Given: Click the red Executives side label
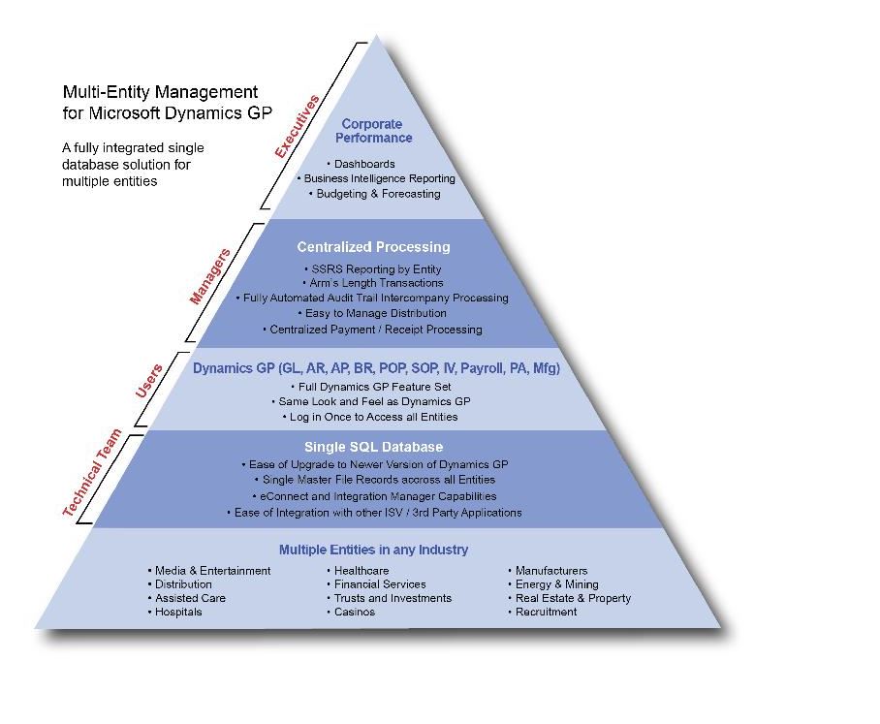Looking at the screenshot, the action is pyautogui.click(x=298, y=126).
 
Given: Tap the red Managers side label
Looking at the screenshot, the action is pyautogui.click(x=210, y=276).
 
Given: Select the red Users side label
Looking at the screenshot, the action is pyautogui.click(x=149, y=381).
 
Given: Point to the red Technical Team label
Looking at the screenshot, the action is pyautogui.click(x=92, y=472).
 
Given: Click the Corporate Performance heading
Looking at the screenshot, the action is pyautogui.click(x=373, y=131).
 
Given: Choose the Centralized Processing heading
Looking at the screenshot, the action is pyautogui.click(x=374, y=247).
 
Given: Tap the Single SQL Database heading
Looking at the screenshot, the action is pyautogui.click(x=374, y=447).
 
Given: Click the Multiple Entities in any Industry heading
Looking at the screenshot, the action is pyautogui.click(x=374, y=550).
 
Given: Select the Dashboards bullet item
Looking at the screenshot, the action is pyautogui.click(x=361, y=164).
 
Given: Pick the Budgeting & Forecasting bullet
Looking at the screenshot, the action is pyautogui.click(x=374, y=194).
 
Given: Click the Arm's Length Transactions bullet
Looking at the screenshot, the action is pyautogui.click(x=373, y=283).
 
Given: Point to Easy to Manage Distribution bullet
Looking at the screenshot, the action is pyautogui.click(x=372, y=313).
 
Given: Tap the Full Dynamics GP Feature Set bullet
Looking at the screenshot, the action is pyautogui.click(x=371, y=387).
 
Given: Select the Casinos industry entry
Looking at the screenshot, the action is pyautogui.click(x=351, y=612).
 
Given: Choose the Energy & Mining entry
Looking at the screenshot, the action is pyautogui.click(x=553, y=584).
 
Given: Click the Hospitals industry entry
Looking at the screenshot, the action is pyautogui.click(x=174, y=612).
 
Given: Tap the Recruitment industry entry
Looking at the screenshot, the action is pyautogui.click(x=542, y=612).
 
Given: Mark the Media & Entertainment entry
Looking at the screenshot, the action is pyautogui.click(x=208, y=570).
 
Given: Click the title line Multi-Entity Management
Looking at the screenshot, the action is pyautogui.click(x=160, y=91).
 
